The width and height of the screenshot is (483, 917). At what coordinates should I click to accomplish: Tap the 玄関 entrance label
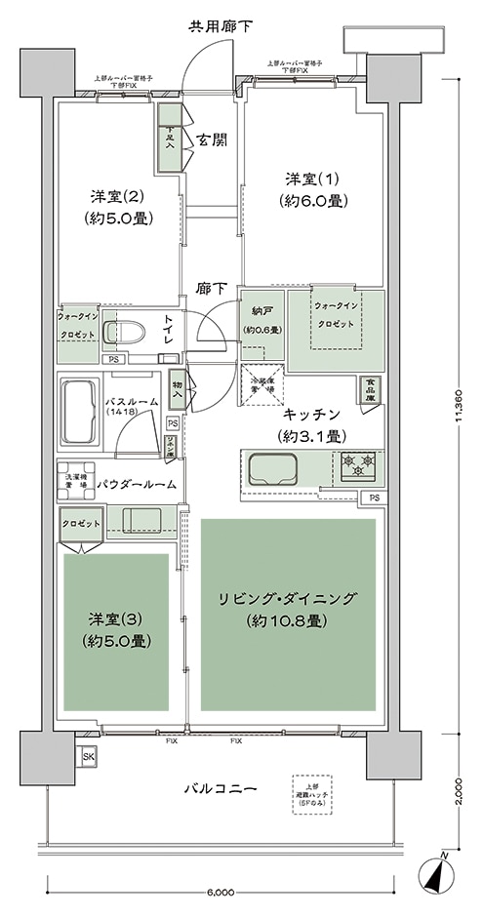pyautogui.click(x=211, y=140)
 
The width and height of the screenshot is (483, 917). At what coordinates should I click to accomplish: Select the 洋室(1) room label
pyautogui.click(x=312, y=189)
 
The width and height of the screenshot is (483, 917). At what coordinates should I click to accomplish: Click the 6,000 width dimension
pyautogui.click(x=221, y=891)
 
